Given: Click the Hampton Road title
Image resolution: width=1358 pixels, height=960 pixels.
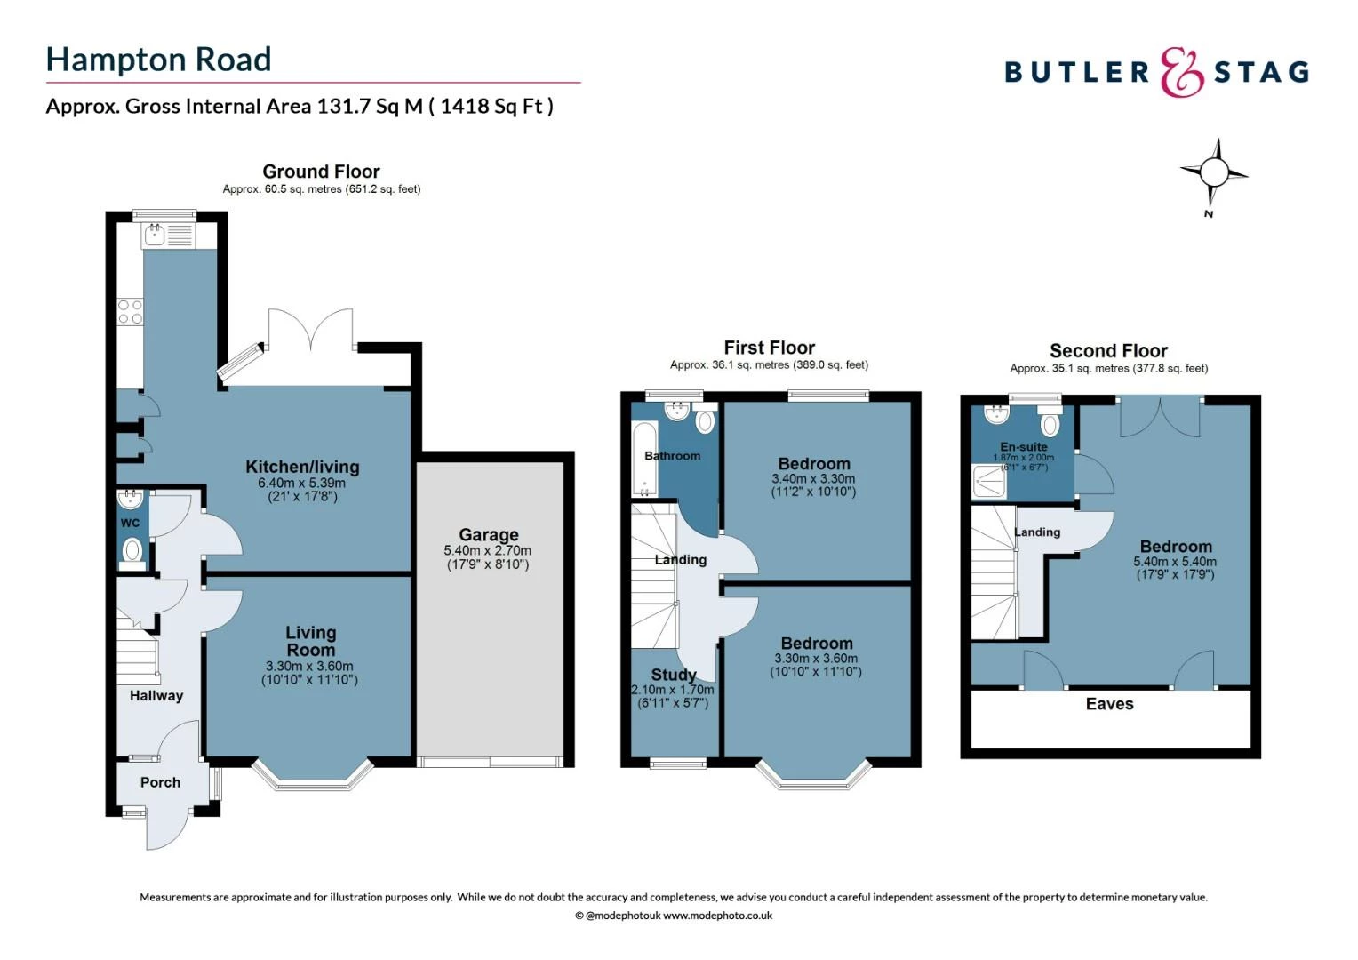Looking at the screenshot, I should (x=158, y=60).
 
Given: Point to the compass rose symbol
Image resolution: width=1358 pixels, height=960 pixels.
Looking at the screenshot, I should (x=1212, y=172).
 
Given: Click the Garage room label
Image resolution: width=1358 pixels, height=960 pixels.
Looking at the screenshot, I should (x=488, y=534).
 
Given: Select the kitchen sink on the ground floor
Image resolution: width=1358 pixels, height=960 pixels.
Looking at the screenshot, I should (x=155, y=236).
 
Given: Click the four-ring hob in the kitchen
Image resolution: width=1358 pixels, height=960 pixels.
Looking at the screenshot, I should (x=130, y=311).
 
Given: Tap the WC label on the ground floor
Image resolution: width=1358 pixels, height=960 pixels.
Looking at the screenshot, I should (x=130, y=523).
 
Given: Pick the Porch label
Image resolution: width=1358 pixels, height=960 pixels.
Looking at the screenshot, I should (x=160, y=782).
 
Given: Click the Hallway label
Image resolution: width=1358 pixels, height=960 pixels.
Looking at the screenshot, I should (x=156, y=695).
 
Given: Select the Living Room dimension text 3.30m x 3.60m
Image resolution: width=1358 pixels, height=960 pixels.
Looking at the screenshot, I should (x=309, y=666).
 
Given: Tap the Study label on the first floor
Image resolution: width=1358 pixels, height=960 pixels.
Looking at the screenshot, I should (x=673, y=675).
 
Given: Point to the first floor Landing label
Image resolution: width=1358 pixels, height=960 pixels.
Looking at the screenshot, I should (x=681, y=560).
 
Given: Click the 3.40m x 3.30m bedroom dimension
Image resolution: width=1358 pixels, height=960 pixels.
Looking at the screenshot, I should (x=813, y=478).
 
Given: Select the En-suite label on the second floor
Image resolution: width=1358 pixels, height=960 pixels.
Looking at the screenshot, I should (x=1024, y=446).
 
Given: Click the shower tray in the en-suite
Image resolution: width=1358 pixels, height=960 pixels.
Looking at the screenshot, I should (x=989, y=483).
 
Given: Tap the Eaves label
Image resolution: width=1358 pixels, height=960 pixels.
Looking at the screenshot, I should (x=1109, y=704).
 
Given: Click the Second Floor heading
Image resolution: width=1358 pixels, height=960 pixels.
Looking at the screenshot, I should (x=1108, y=350).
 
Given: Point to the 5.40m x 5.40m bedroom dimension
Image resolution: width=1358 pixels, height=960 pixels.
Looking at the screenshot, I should (x=1175, y=562).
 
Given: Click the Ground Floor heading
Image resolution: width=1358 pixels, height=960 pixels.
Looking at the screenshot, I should (x=321, y=172).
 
